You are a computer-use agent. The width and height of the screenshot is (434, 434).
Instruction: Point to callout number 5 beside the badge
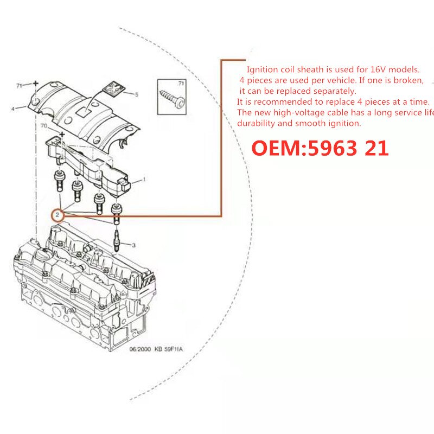click(x=136, y=94)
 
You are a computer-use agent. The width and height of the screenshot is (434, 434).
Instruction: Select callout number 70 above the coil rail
click(x=44, y=126)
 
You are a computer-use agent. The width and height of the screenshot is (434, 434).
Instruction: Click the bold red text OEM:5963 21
click(x=320, y=148)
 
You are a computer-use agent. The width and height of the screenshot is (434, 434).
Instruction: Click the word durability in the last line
click(x=257, y=123)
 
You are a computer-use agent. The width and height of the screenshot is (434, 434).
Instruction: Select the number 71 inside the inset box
click(x=181, y=83)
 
